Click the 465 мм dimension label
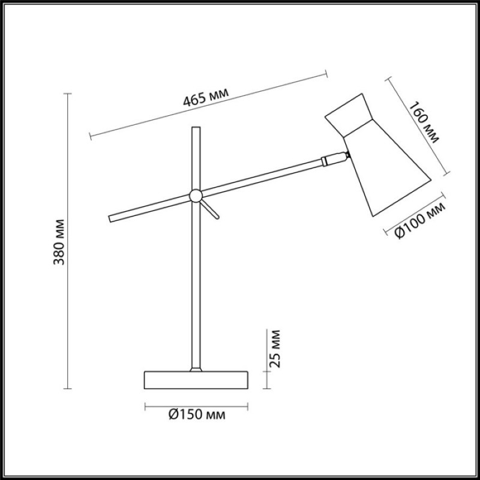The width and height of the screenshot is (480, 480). [206, 97]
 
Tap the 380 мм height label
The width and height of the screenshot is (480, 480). [59, 242]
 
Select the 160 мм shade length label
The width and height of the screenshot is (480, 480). [424, 122]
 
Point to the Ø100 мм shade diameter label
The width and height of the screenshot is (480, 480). [420, 221]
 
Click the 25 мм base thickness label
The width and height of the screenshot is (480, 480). [274, 349]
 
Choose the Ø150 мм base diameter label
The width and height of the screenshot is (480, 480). [197, 415]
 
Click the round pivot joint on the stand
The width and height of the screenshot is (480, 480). [196, 196]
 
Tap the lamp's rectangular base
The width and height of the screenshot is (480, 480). [196, 380]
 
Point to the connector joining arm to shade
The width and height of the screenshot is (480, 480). [335, 159]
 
